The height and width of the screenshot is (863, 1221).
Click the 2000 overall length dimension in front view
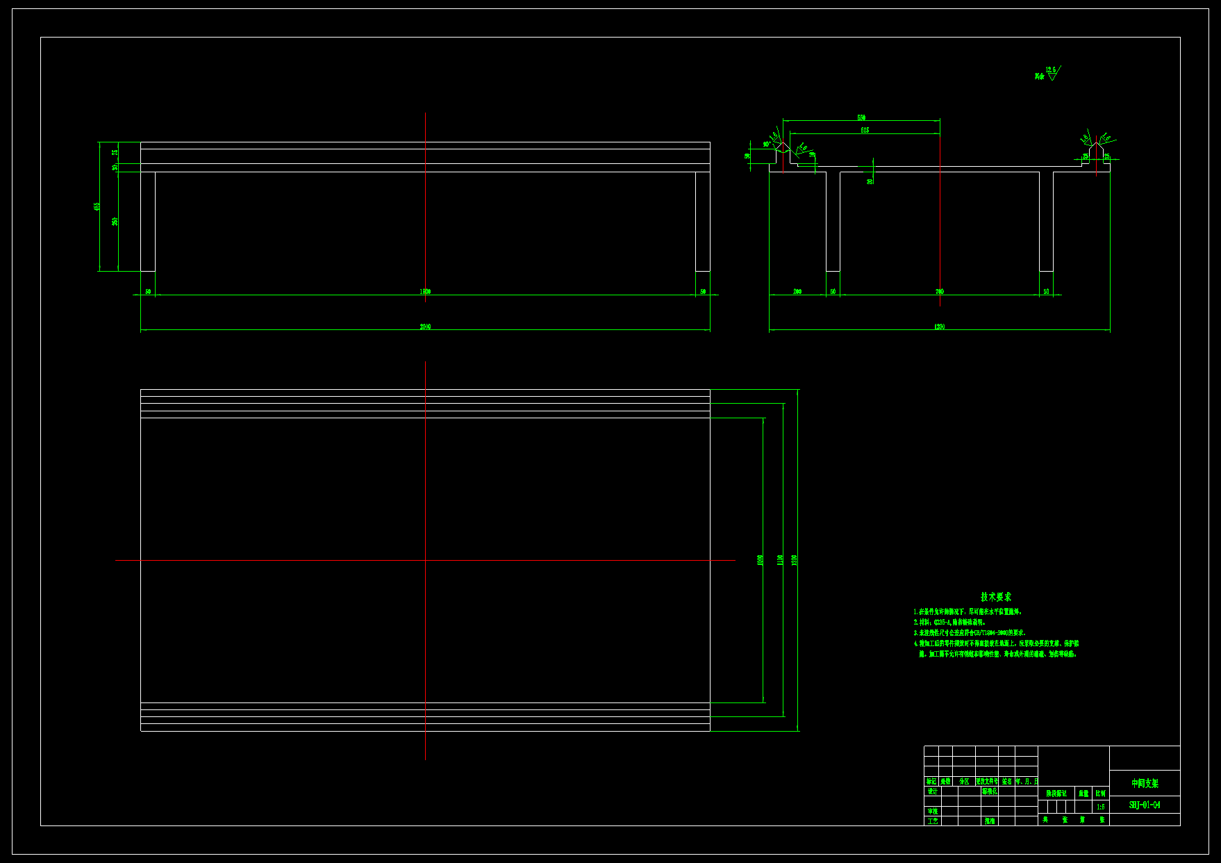pos(425,327)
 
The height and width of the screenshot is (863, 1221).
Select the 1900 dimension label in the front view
pos(425,292)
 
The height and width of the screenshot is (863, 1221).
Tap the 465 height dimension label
pos(97,206)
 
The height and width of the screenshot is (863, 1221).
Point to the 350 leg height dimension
pos(115,221)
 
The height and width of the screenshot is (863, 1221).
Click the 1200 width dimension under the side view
pos(939,327)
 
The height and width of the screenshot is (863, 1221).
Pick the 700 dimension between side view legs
pos(939,292)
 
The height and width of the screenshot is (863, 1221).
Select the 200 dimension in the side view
pos(797,292)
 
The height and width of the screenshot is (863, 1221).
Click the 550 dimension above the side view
pos(861,117)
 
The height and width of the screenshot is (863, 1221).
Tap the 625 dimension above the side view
pos(865,130)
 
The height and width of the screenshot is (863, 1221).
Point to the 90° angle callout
pos(766,145)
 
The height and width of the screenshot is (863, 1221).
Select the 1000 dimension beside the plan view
pos(761,559)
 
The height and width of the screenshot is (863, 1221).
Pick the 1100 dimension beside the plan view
pos(781,559)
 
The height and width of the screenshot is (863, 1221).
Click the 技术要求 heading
pos(996,597)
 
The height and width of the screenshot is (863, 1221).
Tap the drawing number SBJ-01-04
pos(1144,805)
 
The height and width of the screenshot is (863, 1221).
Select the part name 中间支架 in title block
pos(1145,783)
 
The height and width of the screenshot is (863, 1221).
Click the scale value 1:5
pos(1101,807)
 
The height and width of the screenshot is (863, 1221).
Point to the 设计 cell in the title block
pos(932,791)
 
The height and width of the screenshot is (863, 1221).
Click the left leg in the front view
pos(148,221)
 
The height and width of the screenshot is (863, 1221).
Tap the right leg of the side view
pos(1046,221)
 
